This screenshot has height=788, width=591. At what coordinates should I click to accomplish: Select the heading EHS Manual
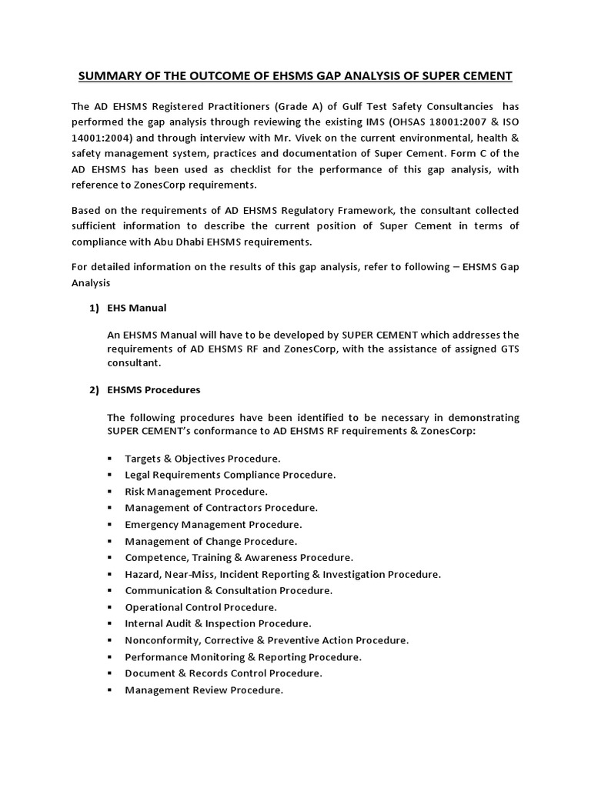[x=137, y=308]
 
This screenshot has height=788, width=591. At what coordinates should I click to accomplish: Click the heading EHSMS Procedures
[x=154, y=390]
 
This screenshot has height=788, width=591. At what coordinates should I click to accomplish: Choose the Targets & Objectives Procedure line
[x=202, y=459]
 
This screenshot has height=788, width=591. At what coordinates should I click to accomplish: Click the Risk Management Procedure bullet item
[x=196, y=491]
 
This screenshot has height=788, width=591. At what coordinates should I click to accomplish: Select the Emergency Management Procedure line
[x=212, y=525]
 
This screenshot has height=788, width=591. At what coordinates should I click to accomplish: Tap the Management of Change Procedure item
[x=211, y=541]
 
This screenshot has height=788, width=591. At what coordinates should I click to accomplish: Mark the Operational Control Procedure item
[x=201, y=607]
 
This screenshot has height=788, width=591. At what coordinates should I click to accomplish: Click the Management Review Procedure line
[x=204, y=690]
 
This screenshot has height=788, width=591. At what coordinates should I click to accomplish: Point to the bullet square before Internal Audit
[x=110, y=624]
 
